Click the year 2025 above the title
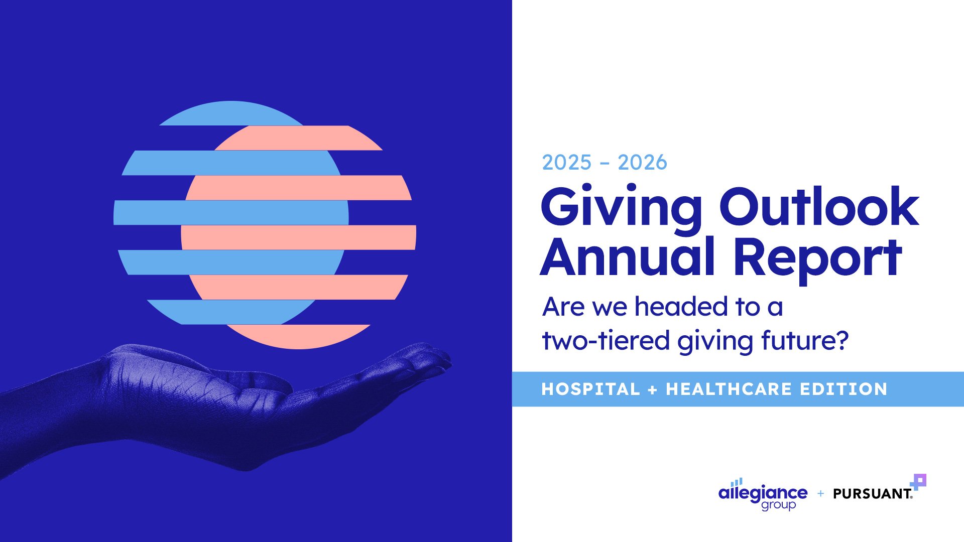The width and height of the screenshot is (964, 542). point(567,163)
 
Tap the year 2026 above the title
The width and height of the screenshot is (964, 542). point(642,163)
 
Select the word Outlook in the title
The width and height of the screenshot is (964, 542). point(819,206)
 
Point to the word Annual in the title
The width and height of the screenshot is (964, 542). point(628,257)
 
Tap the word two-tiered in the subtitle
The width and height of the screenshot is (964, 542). point(606,340)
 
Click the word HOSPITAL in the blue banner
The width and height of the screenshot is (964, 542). point(590,389)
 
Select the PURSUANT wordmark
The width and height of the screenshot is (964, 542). point(873,494)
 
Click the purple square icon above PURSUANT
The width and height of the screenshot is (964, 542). point(919,481)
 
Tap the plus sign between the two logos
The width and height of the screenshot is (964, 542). point(820,494)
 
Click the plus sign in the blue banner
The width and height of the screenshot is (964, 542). point(653,390)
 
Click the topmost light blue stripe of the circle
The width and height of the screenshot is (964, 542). point(231,113)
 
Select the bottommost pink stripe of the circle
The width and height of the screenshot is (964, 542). point(299,336)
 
